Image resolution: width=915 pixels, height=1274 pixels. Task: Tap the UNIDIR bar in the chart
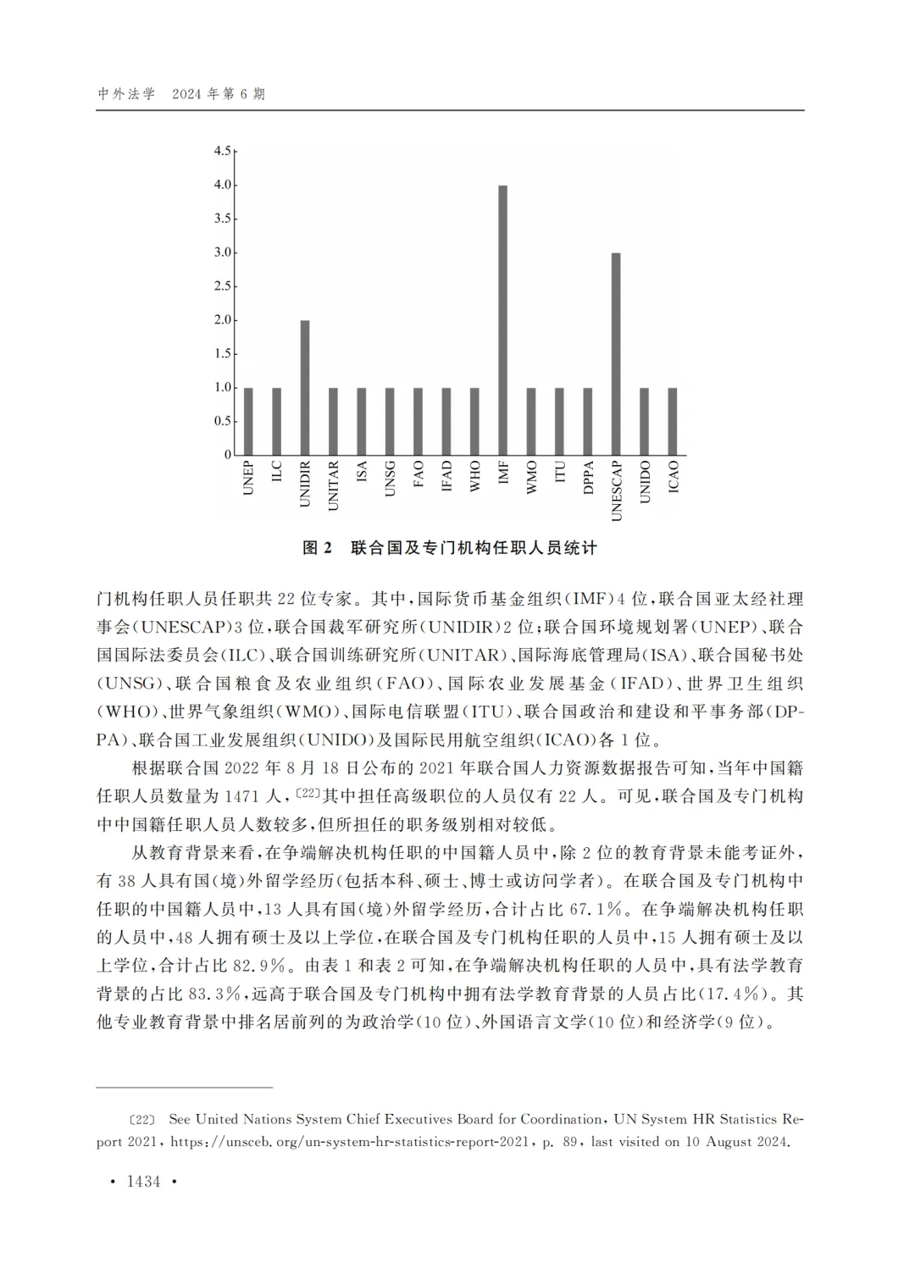pyautogui.click(x=305, y=388)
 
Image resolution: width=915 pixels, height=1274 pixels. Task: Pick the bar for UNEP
pyautogui.click(x=248, y=421)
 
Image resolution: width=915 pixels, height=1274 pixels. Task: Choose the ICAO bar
pyautogui.click(x=673, y=421)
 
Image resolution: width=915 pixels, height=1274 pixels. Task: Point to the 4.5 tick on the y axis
pyautogui.click(x=222, y=151)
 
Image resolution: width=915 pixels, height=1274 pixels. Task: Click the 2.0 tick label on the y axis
pyautogui.click(x=222, y=320)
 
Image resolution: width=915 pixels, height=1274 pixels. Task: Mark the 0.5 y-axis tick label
pyautogui.click(x=222, y=421)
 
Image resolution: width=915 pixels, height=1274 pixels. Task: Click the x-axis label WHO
pyautogui.click(x=474, y=477)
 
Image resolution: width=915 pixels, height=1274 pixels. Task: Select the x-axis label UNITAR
pyautogui.click(x=333, y=485)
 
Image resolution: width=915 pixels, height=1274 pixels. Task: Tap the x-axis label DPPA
pyautogui.click(x=588, y=479)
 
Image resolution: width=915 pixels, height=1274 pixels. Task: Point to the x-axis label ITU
pyautogui.click(x=559, y=474)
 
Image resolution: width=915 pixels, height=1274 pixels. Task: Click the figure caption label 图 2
pyautogui.click(x=318, y=548)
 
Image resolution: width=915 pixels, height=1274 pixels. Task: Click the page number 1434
pyautogui.click(x=143, y=1182)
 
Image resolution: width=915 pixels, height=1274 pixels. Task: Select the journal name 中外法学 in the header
pyautogui.click(x=126, y=94)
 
